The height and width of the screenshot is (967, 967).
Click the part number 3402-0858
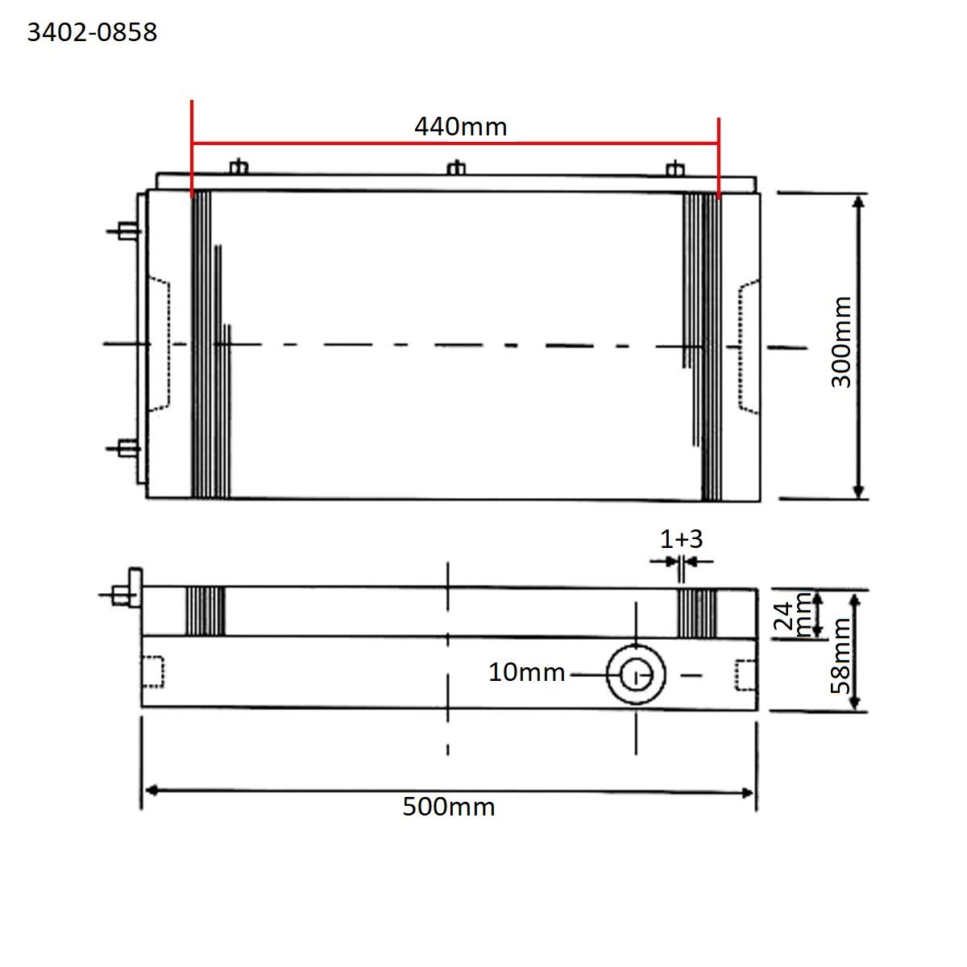click(92, 32)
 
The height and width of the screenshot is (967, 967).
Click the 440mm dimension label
click(460, 127)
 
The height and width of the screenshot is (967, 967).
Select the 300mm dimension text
click(841, 342)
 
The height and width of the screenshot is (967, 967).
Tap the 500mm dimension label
click(449, 807)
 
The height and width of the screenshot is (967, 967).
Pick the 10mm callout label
click(526, 672)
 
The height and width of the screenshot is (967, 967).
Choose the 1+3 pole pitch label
click(682, 538)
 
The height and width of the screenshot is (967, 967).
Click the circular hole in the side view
click(636, 674)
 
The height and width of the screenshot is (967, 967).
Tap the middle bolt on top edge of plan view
click(456, 168)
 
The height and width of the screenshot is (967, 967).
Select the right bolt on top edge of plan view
click(675, 168)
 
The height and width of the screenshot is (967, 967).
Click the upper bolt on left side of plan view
click(126, 231)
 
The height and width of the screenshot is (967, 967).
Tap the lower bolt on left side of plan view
click(126, 447)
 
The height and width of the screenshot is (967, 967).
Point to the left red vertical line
click(192, 149)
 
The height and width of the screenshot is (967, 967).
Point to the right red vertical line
click(718, 157)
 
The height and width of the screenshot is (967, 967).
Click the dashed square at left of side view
click(152, 673)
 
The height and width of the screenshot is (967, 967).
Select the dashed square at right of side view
click(746, 674)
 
